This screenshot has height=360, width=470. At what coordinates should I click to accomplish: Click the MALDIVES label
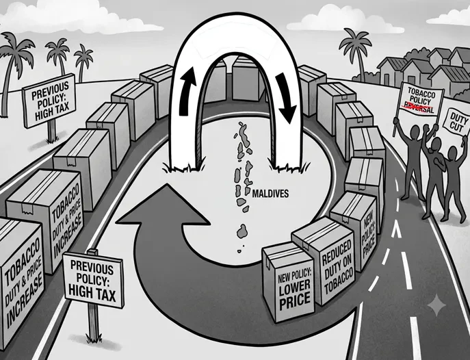270,194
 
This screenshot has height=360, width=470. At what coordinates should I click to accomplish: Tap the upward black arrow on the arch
187,91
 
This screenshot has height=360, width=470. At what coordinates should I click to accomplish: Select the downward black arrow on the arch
286,98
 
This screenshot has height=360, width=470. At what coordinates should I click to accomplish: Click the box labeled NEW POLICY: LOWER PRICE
289,282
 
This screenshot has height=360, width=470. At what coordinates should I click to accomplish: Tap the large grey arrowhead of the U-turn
164,208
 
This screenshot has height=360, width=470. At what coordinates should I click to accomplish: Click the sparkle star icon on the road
436,305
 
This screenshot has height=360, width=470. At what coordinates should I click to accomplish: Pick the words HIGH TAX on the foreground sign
92,293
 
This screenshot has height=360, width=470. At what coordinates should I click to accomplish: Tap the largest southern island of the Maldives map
241,231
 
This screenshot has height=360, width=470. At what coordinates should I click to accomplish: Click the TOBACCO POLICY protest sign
419,101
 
